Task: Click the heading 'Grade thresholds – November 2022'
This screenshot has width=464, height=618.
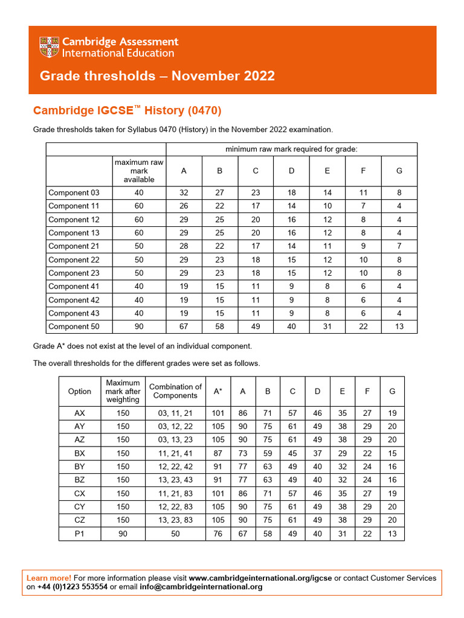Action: point(157,76)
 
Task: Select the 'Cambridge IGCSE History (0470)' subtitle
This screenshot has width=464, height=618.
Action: point(127,110)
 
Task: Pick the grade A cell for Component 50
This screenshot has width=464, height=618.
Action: point(184,327)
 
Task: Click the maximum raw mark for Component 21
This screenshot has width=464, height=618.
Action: point(139,246)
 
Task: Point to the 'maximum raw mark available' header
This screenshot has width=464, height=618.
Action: point(139,171)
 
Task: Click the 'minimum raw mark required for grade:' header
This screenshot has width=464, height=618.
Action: point(291,149)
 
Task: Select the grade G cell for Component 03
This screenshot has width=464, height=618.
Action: point(399,193)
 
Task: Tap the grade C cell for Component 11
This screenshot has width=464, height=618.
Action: point(256,206)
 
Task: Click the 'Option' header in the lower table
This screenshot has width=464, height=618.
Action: point(80,391)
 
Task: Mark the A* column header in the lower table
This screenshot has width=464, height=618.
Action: point(218,391)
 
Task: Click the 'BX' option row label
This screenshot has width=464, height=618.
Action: point(80,453)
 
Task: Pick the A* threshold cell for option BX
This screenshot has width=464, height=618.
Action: point(218,453)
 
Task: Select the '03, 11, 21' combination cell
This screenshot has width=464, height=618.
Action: point(175,413)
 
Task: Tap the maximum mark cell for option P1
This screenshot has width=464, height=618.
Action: point(123,534)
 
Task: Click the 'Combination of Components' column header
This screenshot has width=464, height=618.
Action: point(175,391)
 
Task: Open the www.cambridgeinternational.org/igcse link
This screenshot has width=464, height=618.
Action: point(260,578)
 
